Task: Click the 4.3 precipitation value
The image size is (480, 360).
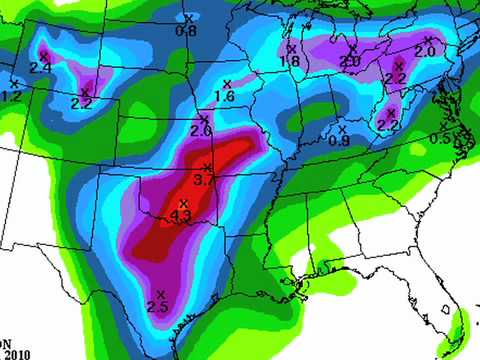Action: pos(182,215)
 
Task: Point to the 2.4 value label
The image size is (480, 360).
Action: pos(41,67)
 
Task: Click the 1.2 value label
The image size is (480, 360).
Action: pos(11,95)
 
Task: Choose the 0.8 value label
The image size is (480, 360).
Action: pos(186,31)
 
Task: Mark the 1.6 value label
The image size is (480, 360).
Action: pos(224,96)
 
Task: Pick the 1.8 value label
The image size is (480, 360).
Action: pos(289,61)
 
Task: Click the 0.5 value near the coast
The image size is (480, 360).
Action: pos(440,138)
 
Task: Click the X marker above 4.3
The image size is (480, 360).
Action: pos(183,203)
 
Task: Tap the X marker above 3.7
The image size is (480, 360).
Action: pos(207,167)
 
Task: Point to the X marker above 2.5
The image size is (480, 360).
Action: pos(161,293)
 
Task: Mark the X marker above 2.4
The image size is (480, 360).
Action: pos(43,54)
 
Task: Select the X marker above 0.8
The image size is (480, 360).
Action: pos(189,18)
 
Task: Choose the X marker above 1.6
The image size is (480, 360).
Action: pos(227,83)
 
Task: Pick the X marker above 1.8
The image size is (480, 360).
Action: pos(291,48)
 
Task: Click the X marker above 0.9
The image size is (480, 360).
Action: pos(342,128)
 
